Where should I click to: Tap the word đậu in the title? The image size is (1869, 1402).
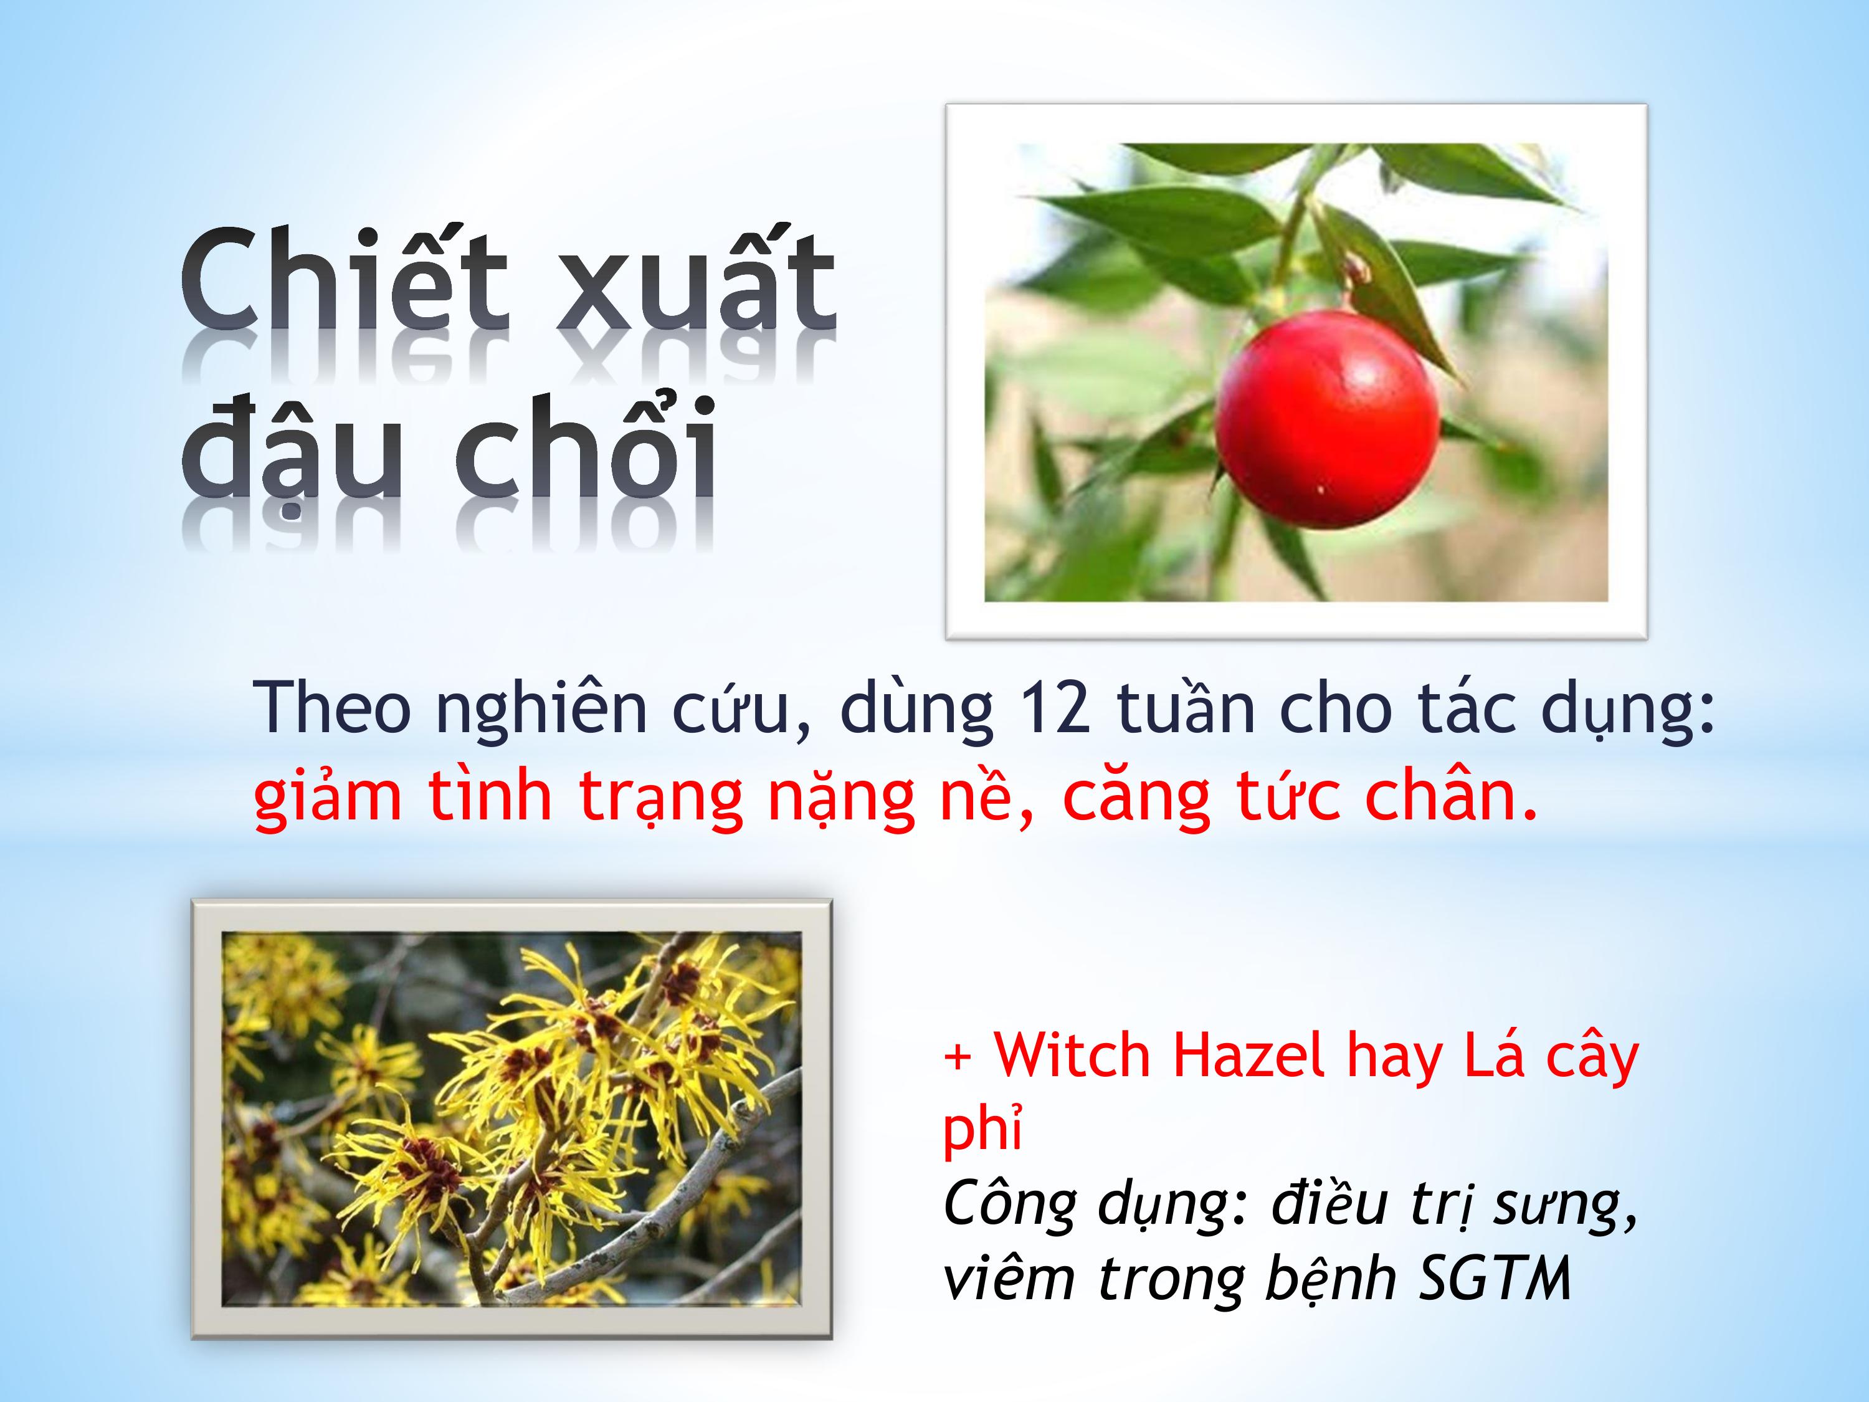click(x=290, y=448)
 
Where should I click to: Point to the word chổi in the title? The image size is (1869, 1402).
click(x=586, y=443)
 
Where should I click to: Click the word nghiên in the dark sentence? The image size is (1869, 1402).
click(x=541, y=710)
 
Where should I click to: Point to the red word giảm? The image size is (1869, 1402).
click(x=327, y=797)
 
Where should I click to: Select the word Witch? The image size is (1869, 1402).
click(x=1072, y=1056)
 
